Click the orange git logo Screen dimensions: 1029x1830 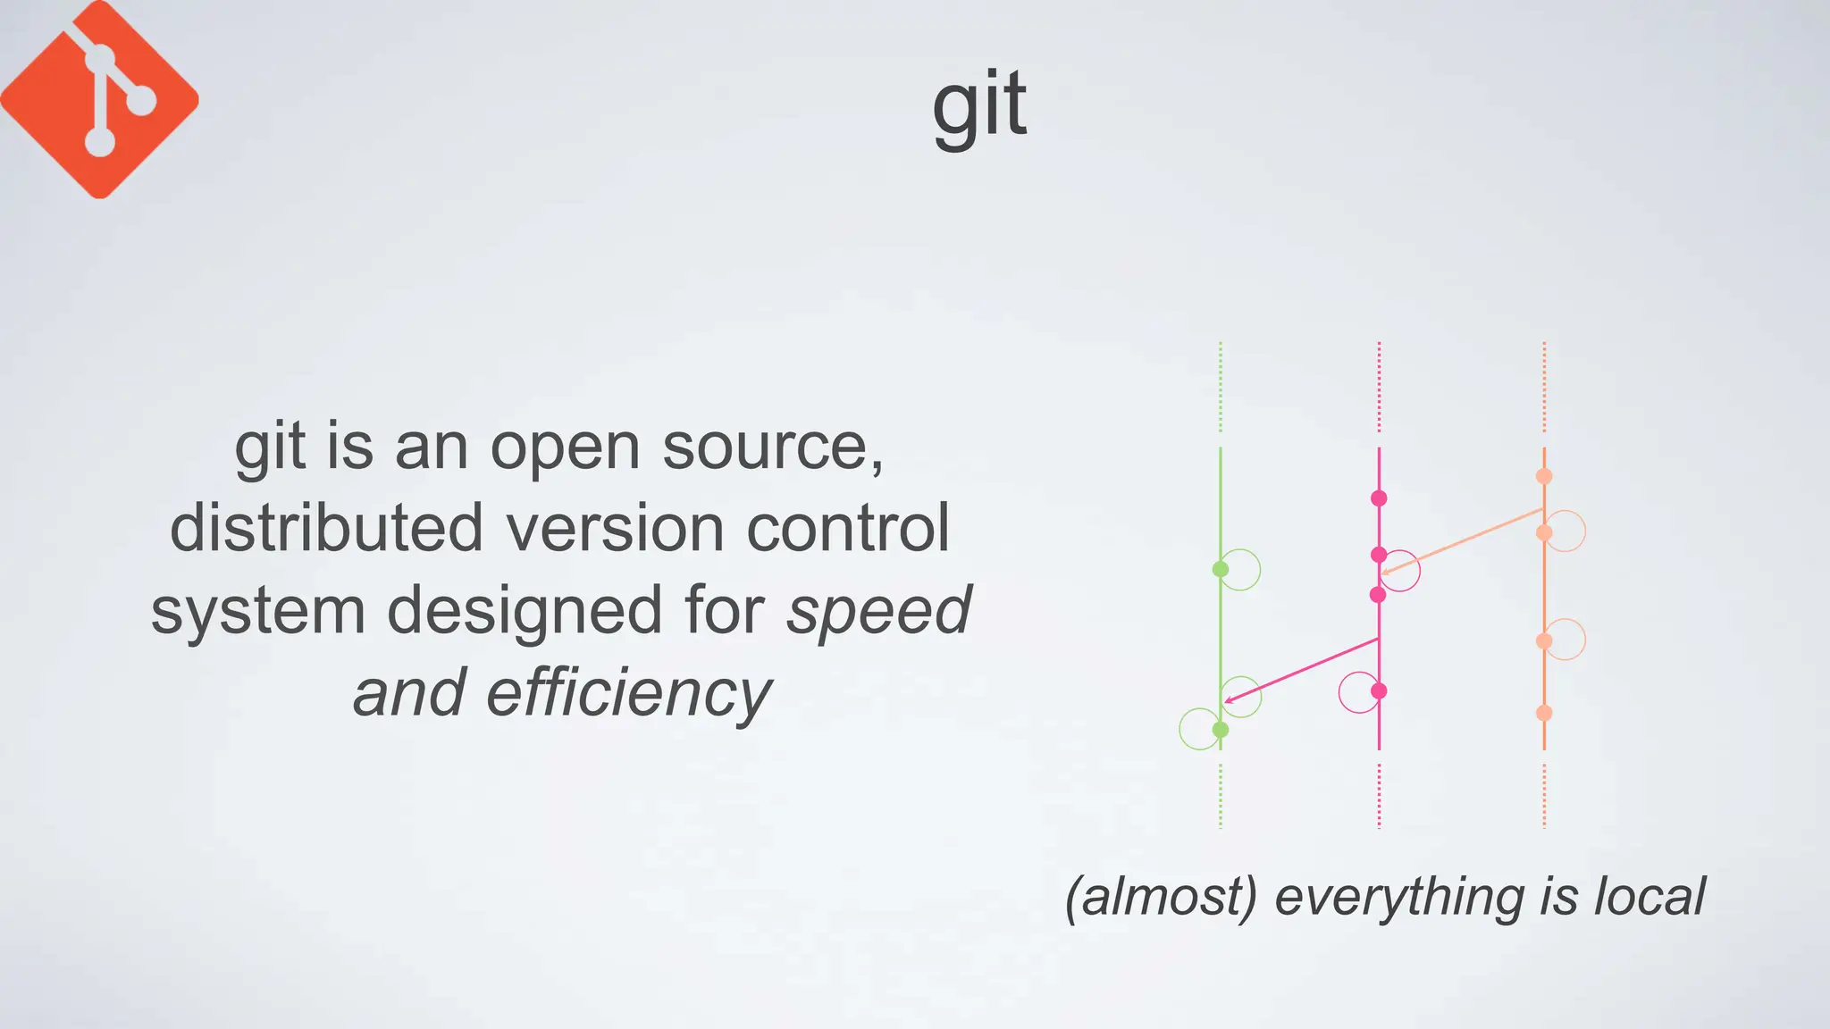coord(99,99)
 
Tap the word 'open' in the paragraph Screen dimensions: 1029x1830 coord(565,447)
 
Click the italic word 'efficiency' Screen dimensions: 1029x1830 coord(628,694)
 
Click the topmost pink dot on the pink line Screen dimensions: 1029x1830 coord(1379,498)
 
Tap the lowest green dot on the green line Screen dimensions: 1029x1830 coord(1221,730)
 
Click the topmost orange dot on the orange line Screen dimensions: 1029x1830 coord(1544,476)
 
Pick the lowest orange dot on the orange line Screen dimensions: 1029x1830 coord(1544,713)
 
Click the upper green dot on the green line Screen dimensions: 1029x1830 coord(1221,569)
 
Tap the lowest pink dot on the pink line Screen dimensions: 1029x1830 coord(1379,690)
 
